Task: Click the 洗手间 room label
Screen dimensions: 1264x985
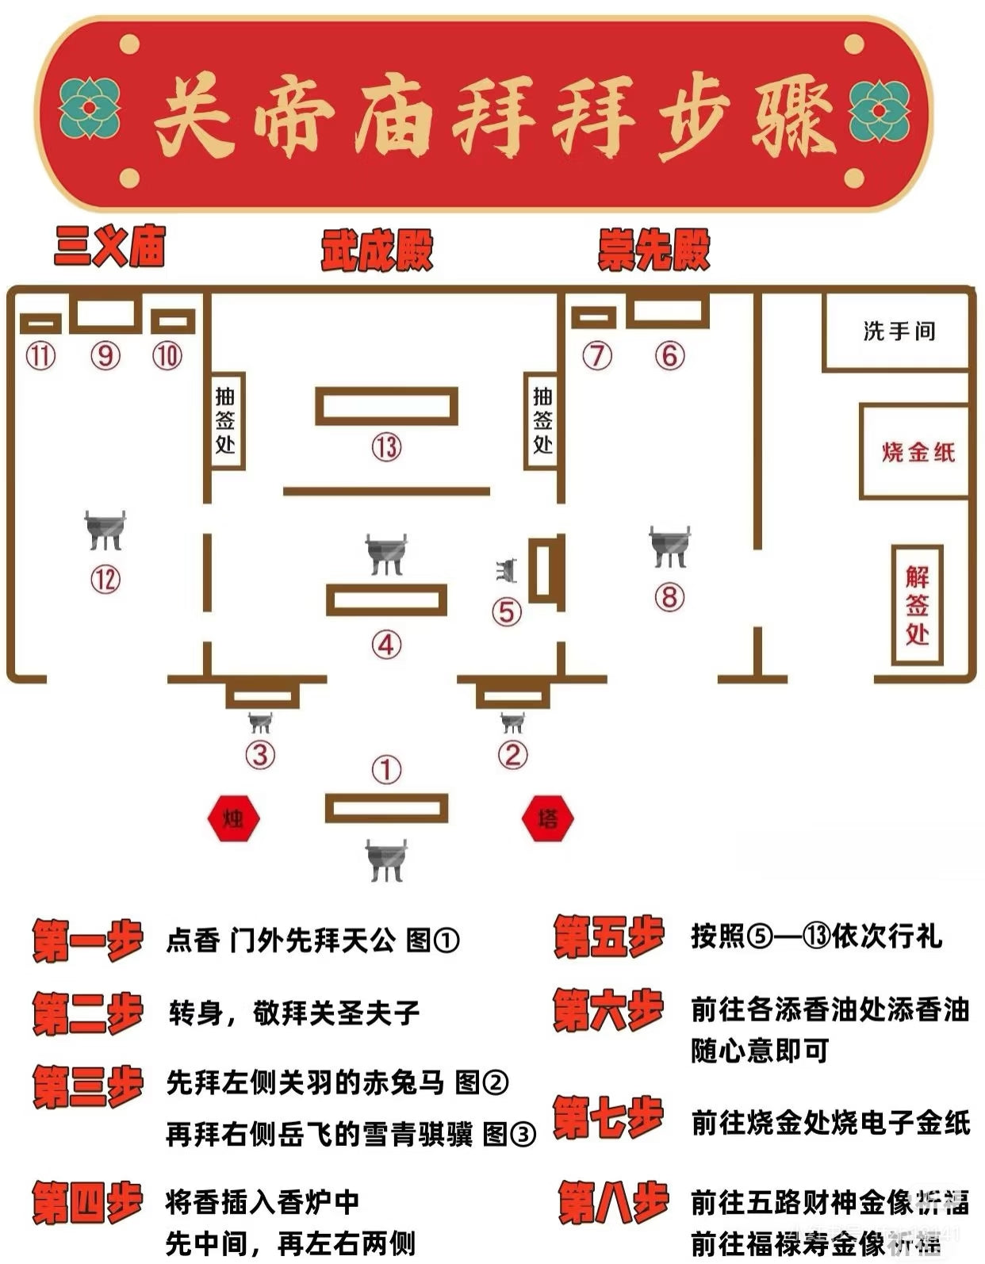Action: [x=899, y=331]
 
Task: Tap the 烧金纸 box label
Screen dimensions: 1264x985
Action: [x=918, y=452]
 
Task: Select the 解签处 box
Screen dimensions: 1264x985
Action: [x=918, y=605]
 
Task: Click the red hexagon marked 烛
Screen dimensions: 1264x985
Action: [x=233, y=818]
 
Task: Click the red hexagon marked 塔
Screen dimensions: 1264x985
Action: [x=547, y=818]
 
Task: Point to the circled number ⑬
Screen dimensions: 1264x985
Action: [x=386, y=447]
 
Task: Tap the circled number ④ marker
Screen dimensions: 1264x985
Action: [x=386, y=645]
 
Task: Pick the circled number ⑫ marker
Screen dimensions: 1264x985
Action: [x=105, y=580]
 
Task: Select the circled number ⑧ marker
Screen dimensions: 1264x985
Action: [x=669, y=596]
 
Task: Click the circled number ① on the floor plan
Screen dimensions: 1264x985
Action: [x=386, y=769]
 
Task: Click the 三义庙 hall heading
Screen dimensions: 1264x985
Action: [x=109, y=245]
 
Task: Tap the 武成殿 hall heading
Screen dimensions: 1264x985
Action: [x=377, y=251]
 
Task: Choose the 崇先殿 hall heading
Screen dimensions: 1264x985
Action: [x=653, y=251]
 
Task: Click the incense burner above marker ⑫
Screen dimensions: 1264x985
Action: [x=105, y=530]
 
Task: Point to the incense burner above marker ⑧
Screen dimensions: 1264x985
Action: [x=669, y=546]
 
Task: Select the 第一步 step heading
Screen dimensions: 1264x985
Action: [x=87, y=940]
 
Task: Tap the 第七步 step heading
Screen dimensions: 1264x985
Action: [x=609, y=1118]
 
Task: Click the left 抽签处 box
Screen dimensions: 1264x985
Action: [x=225, y=420]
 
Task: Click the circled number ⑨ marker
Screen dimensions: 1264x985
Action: [x=105, y=355]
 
